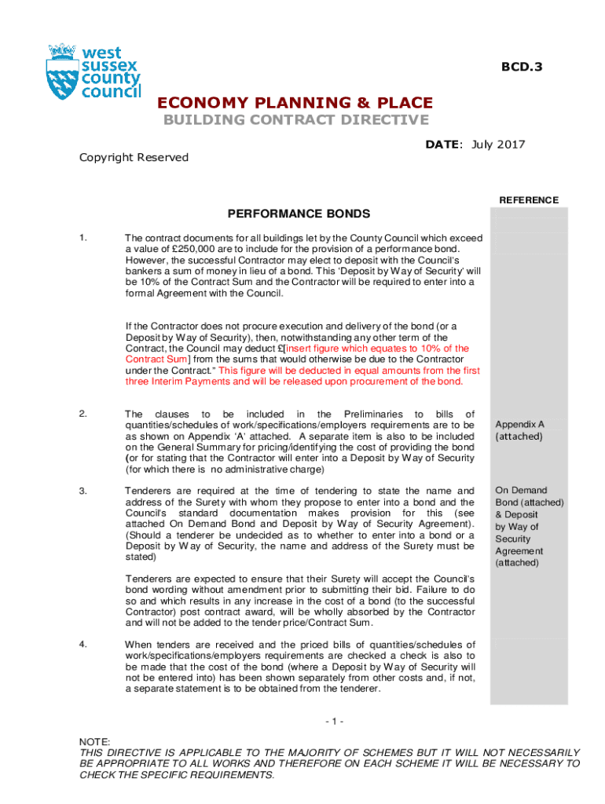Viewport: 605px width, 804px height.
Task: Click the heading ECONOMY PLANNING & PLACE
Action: point(295,103)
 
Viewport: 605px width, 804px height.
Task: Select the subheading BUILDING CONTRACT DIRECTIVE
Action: point(295,120)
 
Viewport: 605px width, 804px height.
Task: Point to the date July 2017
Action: point(498,144)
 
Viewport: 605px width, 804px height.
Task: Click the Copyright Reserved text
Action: point(134,157)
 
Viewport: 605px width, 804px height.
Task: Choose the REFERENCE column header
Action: point(529,200)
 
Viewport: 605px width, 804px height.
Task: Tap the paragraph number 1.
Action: point(83,238)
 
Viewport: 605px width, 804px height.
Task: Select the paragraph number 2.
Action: point(83,414)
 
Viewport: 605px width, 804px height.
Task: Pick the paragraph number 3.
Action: point(83,491)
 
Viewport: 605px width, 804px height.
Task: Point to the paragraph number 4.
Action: point(83,645)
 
